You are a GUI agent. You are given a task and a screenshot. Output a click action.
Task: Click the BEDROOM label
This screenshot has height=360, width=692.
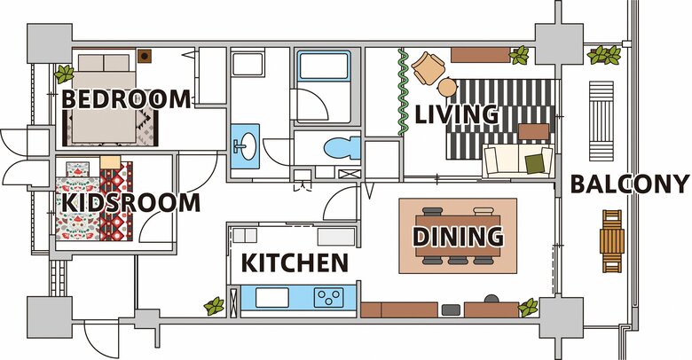(126, 99)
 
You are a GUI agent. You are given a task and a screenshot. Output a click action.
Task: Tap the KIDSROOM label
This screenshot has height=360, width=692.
(130, 203)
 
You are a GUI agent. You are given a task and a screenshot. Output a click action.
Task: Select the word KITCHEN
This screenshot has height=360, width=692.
(295, 263)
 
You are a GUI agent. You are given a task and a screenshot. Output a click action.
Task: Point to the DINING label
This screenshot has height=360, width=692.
(458, 236)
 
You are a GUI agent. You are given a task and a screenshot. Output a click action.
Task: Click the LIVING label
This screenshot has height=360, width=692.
(457, 114)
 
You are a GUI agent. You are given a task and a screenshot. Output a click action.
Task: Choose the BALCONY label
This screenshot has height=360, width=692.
(630, 184)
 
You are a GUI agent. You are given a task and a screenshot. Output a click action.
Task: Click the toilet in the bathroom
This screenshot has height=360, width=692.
(342, 148)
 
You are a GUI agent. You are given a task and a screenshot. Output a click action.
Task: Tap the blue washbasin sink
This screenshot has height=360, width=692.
(245, 146)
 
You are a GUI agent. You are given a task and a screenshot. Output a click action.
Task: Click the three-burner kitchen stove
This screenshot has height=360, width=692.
(329, 298)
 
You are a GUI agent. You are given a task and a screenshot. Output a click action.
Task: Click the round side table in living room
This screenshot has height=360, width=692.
(447, 87)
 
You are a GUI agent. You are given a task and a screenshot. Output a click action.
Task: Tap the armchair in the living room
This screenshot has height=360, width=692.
(428, 67)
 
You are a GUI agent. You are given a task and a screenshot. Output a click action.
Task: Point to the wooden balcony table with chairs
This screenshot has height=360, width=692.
(612, 241)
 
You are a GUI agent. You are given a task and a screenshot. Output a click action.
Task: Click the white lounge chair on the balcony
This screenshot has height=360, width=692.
(602, 121)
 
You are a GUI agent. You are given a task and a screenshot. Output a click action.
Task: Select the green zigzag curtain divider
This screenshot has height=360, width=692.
(403, 92)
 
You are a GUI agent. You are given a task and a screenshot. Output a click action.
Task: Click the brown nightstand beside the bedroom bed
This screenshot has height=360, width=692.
(145, 56)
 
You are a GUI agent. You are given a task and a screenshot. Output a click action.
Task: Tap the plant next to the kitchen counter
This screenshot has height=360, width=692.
(215, 306)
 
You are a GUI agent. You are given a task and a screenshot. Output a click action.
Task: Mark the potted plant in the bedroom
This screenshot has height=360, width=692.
(65, 74)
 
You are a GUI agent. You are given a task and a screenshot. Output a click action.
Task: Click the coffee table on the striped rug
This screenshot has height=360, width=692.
(533, 131)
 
